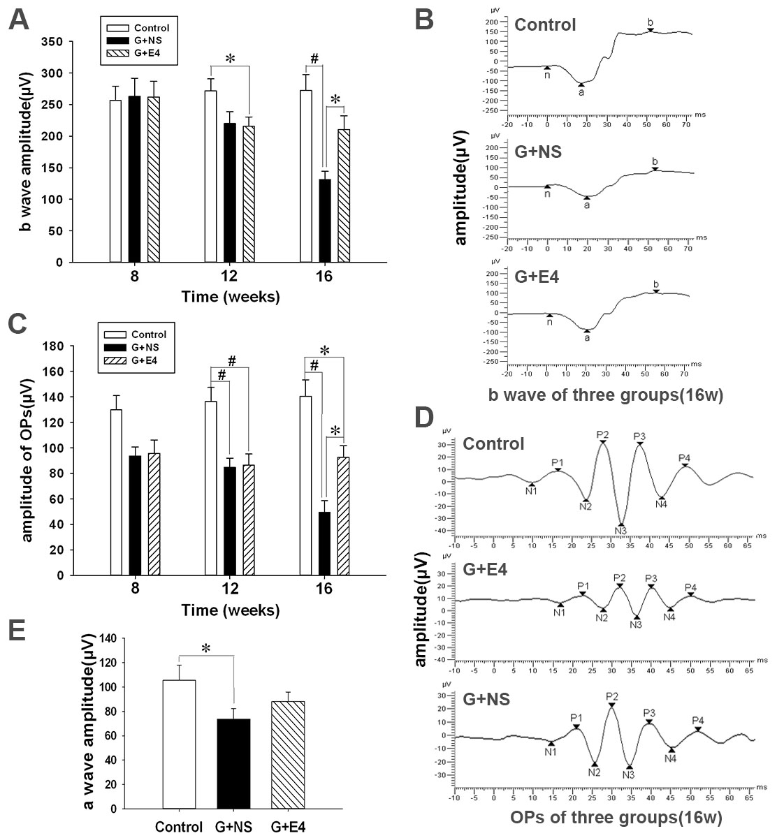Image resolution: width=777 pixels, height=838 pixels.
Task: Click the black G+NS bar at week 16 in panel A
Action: tap(324, 221)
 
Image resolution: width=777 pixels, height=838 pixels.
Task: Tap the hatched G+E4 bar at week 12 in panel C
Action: tap(249, 520)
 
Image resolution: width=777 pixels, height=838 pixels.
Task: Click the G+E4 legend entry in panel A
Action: tap(138, 52)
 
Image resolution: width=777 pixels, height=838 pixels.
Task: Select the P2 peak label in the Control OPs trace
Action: tap(602, 434)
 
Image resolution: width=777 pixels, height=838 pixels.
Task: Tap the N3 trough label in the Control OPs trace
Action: tap(620, 531)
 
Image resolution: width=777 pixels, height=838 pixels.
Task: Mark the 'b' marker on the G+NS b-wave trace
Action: tap(655, 162)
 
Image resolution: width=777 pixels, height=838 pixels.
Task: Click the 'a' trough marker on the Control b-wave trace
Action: tap(581, 91)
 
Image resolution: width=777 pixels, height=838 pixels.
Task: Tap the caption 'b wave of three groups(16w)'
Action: tap(605, 395)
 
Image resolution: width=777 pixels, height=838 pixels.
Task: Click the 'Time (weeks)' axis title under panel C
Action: tap(231, 610)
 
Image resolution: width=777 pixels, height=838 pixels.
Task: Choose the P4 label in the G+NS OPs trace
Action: tap(697, 720)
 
